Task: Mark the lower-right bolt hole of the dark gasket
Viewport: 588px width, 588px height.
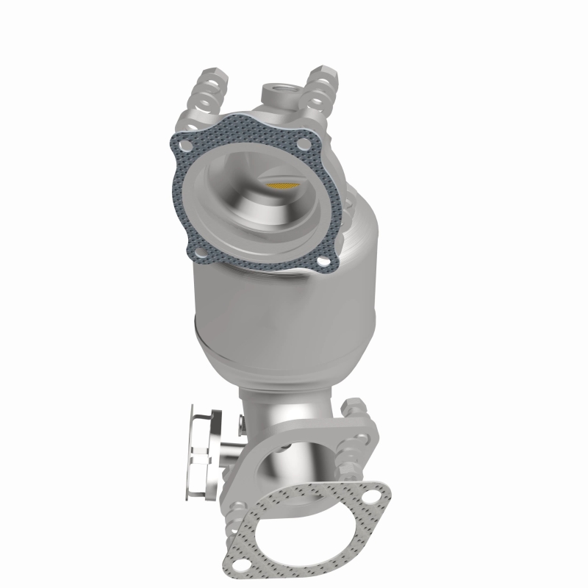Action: [321, 262]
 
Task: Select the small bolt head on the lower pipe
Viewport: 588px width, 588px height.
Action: [241, 423]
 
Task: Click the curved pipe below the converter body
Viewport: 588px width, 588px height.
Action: [287, 412]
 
